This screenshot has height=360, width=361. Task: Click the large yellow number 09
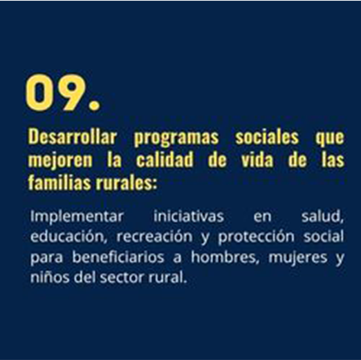(x=56, y=93)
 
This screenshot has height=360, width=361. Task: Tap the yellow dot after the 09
(x=94, y=104)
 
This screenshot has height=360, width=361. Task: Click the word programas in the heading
(x=176, y=138)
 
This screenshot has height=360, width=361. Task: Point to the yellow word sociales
(x=267, y=137)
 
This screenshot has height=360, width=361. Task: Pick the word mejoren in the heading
(x=60, y=160)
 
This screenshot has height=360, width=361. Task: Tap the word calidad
(x=165, y=160)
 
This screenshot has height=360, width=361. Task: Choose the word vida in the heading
(x=257, y=160)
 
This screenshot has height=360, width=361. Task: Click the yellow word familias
(x=59, y=182)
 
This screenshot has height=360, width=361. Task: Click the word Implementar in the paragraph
(x=77, y=217)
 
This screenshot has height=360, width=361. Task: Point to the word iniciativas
(x=189, y=216)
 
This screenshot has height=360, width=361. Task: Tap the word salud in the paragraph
(x=322, y=216)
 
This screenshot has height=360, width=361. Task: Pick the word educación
(x=69, y=236)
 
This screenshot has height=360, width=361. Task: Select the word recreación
(x=154, y=236)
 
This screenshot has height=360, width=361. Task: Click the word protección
(x=256, y=237)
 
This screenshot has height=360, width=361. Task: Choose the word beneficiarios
(x=118, y=257)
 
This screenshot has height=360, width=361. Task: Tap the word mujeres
(x=297, y=258)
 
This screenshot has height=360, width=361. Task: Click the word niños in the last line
(x=50, y=277)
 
